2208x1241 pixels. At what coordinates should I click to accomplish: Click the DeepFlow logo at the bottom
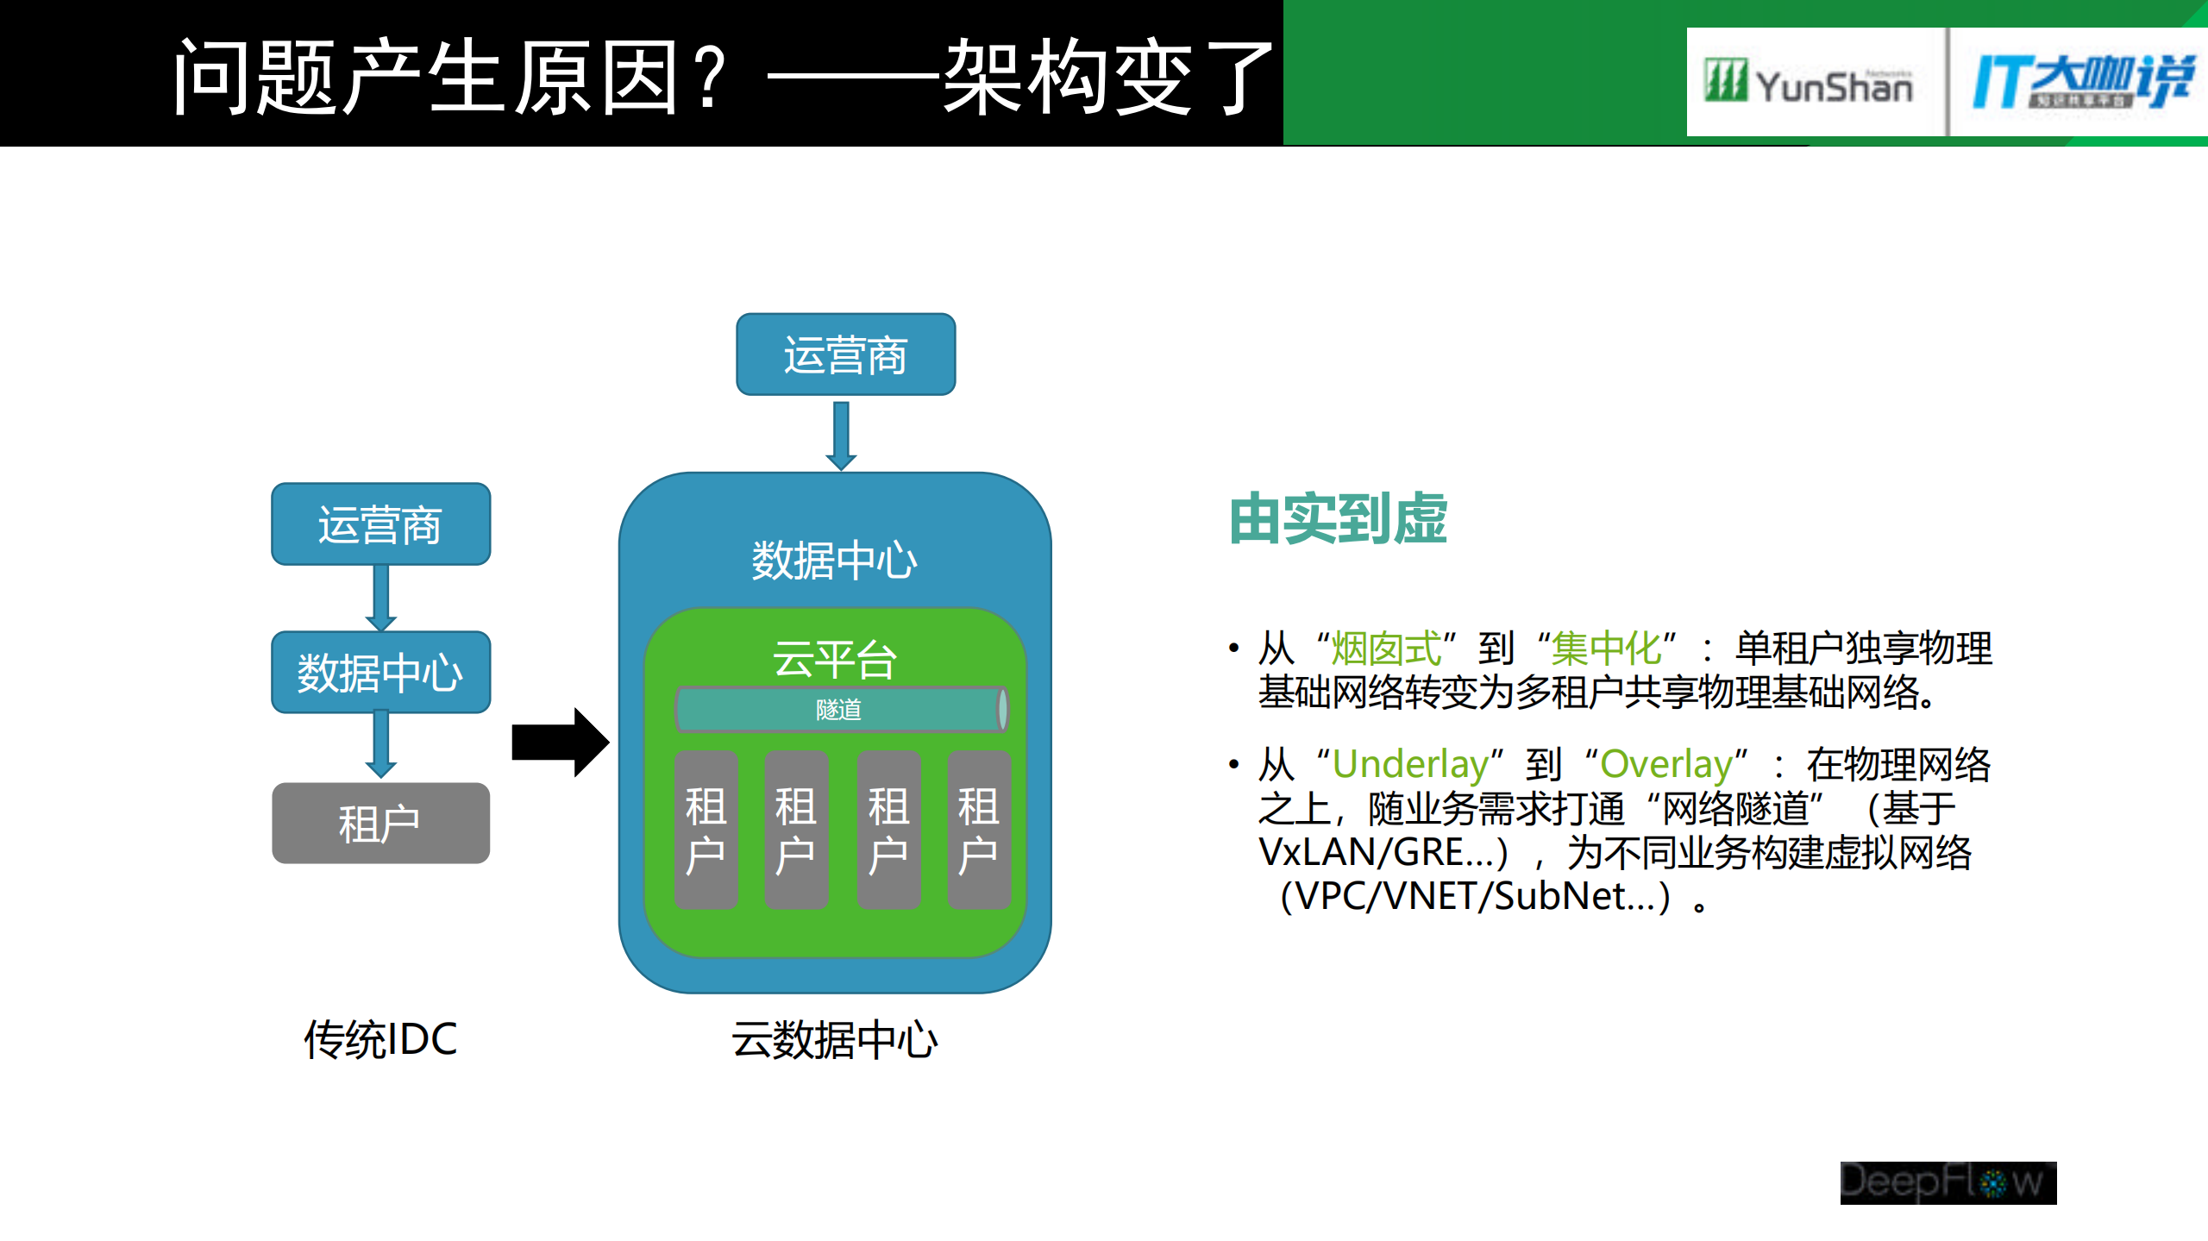[x=1948, y=1182]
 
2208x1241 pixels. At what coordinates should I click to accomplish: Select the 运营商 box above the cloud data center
[x=845, y=354]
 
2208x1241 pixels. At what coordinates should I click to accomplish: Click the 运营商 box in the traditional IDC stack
[x=380, y=524]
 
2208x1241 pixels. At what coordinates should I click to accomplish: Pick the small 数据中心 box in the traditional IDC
[x=380, y=673]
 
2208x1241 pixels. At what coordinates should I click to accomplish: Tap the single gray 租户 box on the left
[x=380, y=824]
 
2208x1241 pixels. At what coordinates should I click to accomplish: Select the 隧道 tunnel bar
[x=839, y=710]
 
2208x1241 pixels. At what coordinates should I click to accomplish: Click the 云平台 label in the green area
[x=834, y=660]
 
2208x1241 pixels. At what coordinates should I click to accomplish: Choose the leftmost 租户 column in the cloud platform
[x=706, y=830]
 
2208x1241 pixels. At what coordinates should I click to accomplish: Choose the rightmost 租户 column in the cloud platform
[x=978, y=830]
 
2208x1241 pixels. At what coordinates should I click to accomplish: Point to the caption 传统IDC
[x=380, y=1039]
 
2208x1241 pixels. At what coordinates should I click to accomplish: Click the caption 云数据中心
[x=834, y=1039]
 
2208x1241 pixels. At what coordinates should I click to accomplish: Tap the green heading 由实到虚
[x=1338, y=519]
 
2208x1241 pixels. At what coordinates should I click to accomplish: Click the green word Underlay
[x=1410, y=764]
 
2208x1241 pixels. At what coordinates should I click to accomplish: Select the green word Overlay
[x=1665, y=764]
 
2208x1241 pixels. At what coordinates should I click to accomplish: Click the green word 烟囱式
[x=1386, y=649]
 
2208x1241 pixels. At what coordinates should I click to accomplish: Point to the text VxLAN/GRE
[x=1375, y=852]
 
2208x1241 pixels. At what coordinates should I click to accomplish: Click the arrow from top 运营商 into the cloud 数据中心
[x=841, y=436]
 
